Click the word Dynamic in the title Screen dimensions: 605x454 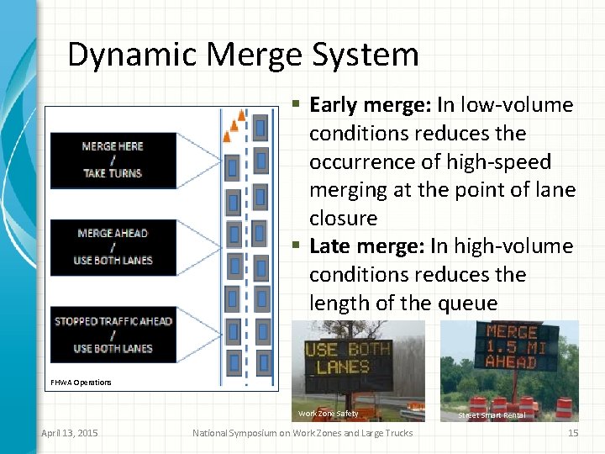click(132, 55)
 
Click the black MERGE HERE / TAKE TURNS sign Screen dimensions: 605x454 click(113, 160)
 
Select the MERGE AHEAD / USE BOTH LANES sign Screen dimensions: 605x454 click(113, 247)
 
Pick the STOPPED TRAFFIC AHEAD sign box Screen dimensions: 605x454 click(113, 334)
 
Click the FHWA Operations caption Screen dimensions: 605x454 click(80, 383)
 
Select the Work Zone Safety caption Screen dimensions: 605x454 click(328, 413)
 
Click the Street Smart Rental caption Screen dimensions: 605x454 click(492, 415)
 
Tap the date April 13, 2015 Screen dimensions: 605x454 click(69, 433)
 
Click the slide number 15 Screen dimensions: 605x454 click(573, 433)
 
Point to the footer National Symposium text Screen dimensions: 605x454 click(302, 433)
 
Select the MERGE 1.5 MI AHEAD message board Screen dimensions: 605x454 click(510, 346)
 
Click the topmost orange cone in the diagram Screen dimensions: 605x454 click(242, 114)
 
